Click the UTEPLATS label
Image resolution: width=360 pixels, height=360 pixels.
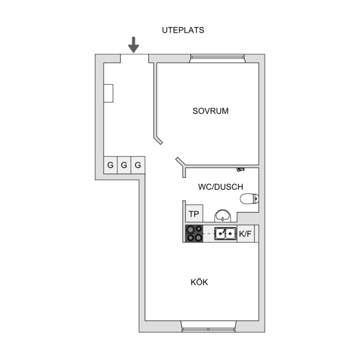coord(183,30)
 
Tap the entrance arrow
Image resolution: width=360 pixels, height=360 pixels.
coord(133,44)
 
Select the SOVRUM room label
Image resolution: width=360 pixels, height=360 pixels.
coord(211,111)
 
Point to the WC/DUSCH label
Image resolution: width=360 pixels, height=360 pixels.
coord(221,187)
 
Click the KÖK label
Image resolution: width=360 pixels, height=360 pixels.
coord(199,282)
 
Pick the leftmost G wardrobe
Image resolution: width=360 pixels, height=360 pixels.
coord(111,165)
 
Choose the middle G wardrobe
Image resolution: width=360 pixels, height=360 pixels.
coord(124,165)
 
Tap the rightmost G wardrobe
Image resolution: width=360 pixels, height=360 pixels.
coord(138,165)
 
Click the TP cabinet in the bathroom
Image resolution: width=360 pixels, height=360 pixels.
coord(194,214)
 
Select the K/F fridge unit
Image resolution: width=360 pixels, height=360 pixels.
coord(245,234)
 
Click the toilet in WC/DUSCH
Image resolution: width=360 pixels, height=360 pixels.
coord(249,199)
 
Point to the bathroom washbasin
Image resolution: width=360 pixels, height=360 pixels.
coord(222,216)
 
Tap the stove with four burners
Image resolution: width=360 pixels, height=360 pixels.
coord(194,234)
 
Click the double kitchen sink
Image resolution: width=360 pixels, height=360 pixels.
coord(225,234)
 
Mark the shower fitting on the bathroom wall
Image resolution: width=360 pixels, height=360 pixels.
coord(241,170)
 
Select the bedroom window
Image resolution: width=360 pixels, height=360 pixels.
coord(217,59)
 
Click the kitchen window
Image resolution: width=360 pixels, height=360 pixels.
coord(208,327)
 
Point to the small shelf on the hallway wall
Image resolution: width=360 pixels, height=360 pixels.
coord(108,93)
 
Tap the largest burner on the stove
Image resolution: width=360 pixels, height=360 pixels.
coord(190,229)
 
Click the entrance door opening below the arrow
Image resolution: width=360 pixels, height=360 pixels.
coord(134,59)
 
